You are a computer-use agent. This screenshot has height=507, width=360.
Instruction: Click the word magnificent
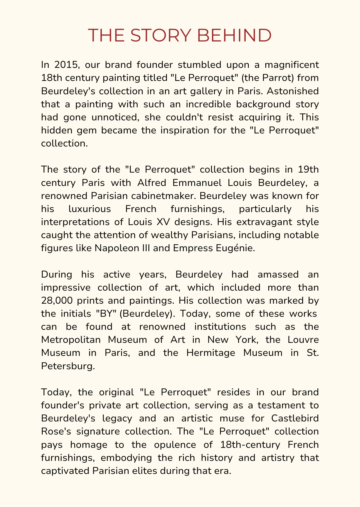286,64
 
